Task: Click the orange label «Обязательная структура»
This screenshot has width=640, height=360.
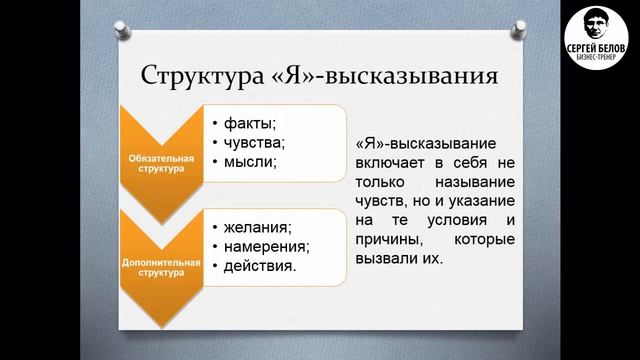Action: point(158,163)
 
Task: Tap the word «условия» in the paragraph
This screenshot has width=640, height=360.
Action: point(454,221)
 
